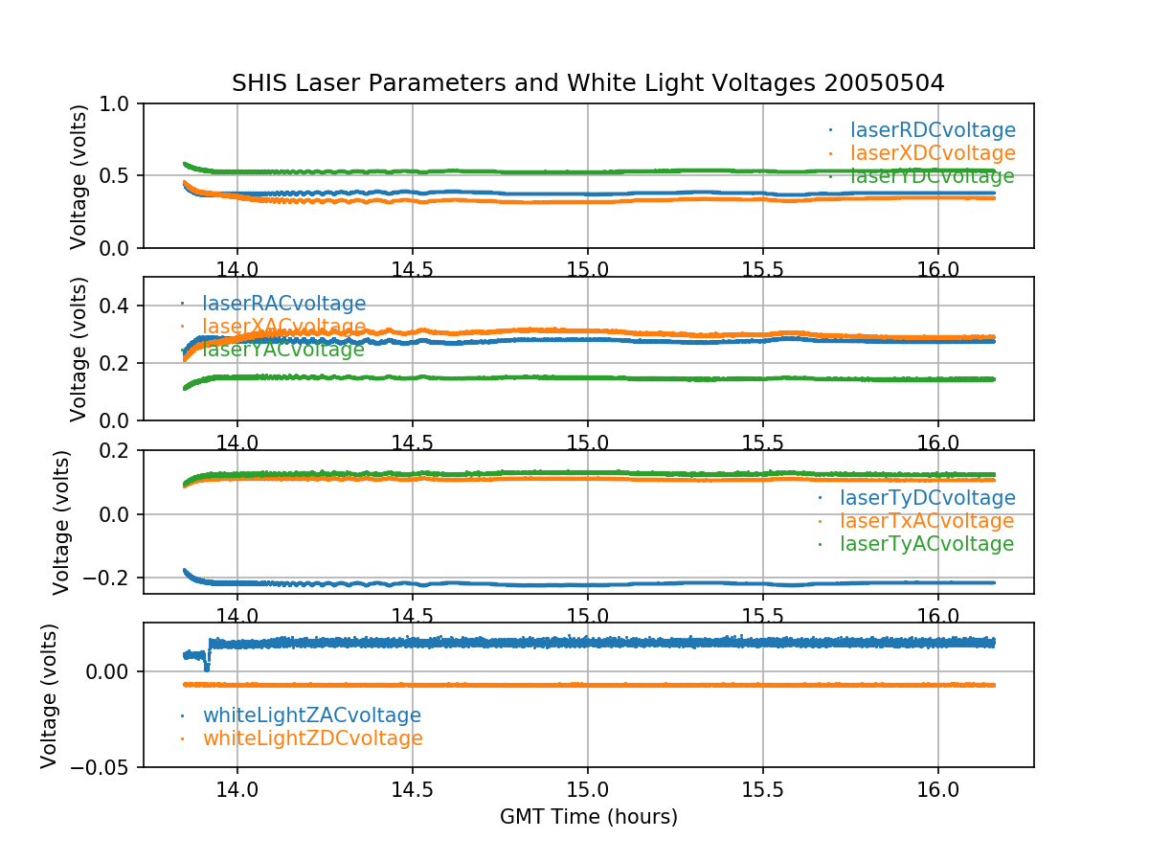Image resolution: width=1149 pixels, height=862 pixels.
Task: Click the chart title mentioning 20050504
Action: tap(588, 83)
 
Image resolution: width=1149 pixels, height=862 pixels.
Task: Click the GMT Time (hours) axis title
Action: tap(588, 817)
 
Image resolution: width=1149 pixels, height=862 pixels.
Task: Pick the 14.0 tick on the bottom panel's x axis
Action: tap(237, 791)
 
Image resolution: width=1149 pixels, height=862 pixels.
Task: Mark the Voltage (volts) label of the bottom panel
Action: tap(50, 695)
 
